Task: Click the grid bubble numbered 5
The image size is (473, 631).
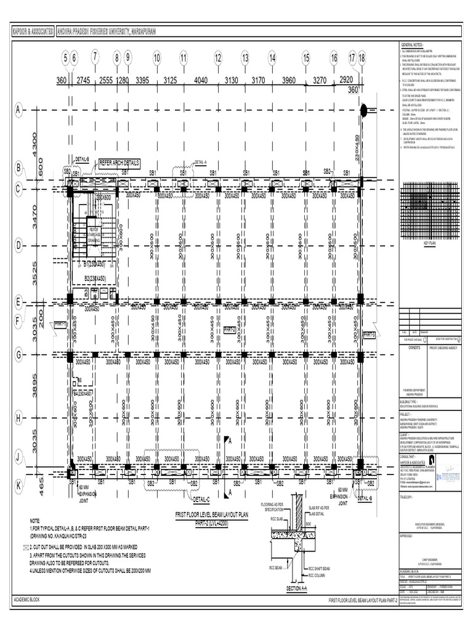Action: [x=65, y=58]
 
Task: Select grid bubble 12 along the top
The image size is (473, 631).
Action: [x=217, y=58]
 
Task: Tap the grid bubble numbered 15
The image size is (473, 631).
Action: [x=305, y=58]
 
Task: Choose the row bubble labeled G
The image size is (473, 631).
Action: [x=18, y=355]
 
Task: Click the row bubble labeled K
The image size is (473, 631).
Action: [x=18, y=486]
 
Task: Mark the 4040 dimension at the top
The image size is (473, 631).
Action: [x=201, y=80]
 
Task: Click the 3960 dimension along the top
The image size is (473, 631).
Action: [x=289, y=80]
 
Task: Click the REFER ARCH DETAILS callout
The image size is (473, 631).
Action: [x=115, y=163]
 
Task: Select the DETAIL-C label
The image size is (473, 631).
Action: [x=201, y=499]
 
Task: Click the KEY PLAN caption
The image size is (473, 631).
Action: [x=429, y=243]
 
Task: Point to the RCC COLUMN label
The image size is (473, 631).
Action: [x=318, y=576]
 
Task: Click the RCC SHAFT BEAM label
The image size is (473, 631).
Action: [x=320, y=568]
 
